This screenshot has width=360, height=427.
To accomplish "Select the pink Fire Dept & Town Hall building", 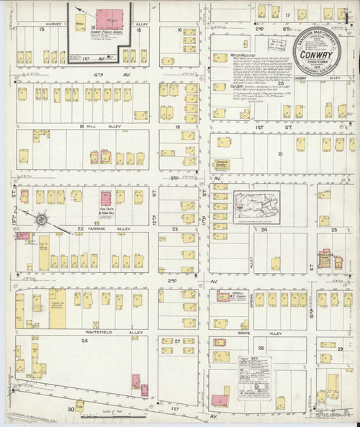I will (x=105, y=199).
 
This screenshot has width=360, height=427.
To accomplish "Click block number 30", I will (x=71, y=409).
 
